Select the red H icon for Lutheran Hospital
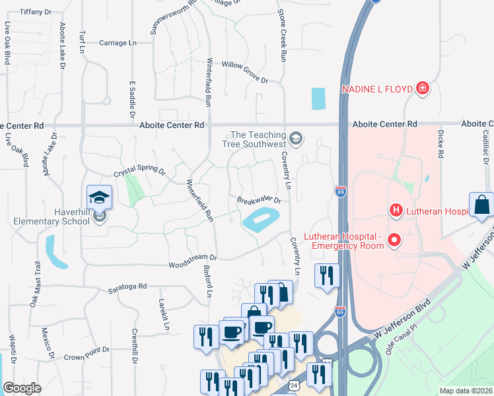[x=396, y=211]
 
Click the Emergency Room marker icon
[x=395, y=240]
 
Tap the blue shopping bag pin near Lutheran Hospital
[x=481, y=205]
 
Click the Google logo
[x=22, y=388]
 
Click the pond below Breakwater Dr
[x=261, y=220]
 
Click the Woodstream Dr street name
[x=194, y=257]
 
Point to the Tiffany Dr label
[x=36, y=13]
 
